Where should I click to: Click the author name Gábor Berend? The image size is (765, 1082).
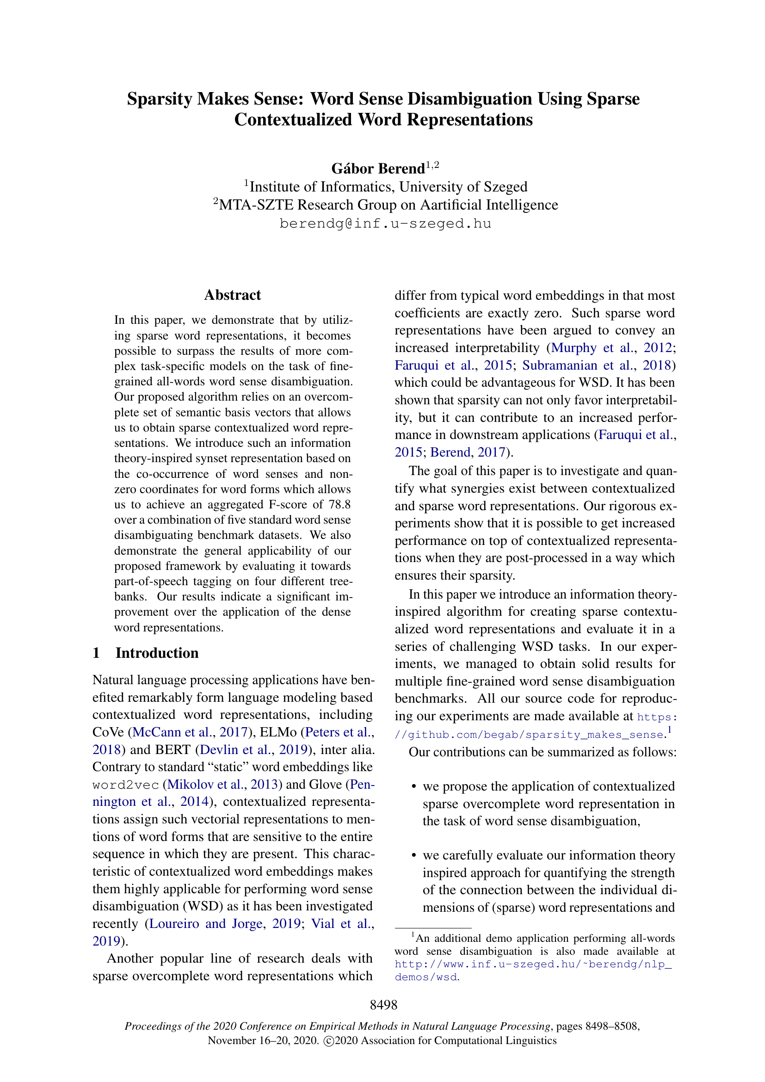pos(378,168)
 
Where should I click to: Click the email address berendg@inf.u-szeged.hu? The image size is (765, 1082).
pos(385,223)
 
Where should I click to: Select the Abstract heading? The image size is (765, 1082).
pos(232,295)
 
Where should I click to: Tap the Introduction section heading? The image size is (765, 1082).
pos(157,653)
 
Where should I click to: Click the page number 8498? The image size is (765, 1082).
pos(383,1005)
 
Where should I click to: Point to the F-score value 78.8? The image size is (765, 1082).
pos(339,504)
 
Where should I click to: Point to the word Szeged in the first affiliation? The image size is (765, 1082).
pos(505,186)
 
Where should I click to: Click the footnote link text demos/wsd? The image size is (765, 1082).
pos(426,977)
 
